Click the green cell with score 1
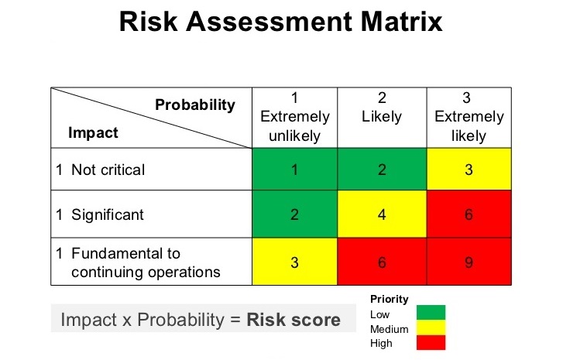click(x=295, y=170)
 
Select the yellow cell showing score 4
click(x=382, y=214)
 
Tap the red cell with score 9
click(x=469, y=262)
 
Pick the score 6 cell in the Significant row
click(x=469, y=214)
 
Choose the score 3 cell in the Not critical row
click(x=469, y=170)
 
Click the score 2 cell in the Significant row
click(x=295, y=214)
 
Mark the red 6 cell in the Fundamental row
click(x=382, y=262)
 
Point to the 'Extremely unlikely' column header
click(x=295, y=117)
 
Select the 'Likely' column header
click(x=382, y=117)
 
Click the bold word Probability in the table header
click(x=195, y=105)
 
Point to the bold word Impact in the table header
click(x=94, y=132)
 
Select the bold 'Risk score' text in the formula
click(x=294, y=320)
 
